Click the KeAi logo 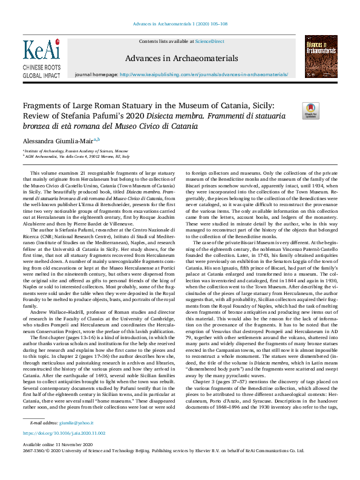tap(41, 49)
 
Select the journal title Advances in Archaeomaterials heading tap(180, 58)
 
